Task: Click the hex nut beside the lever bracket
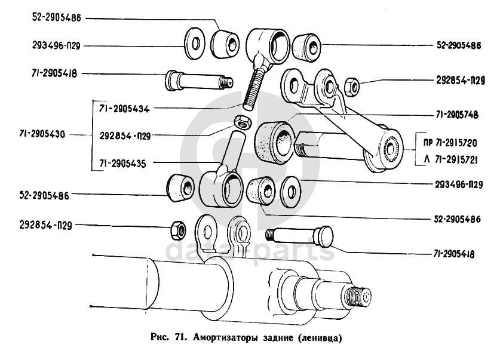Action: coord(352,87)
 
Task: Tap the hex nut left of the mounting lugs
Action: coord(177,227)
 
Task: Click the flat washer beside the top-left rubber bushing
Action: coord(193,44)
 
